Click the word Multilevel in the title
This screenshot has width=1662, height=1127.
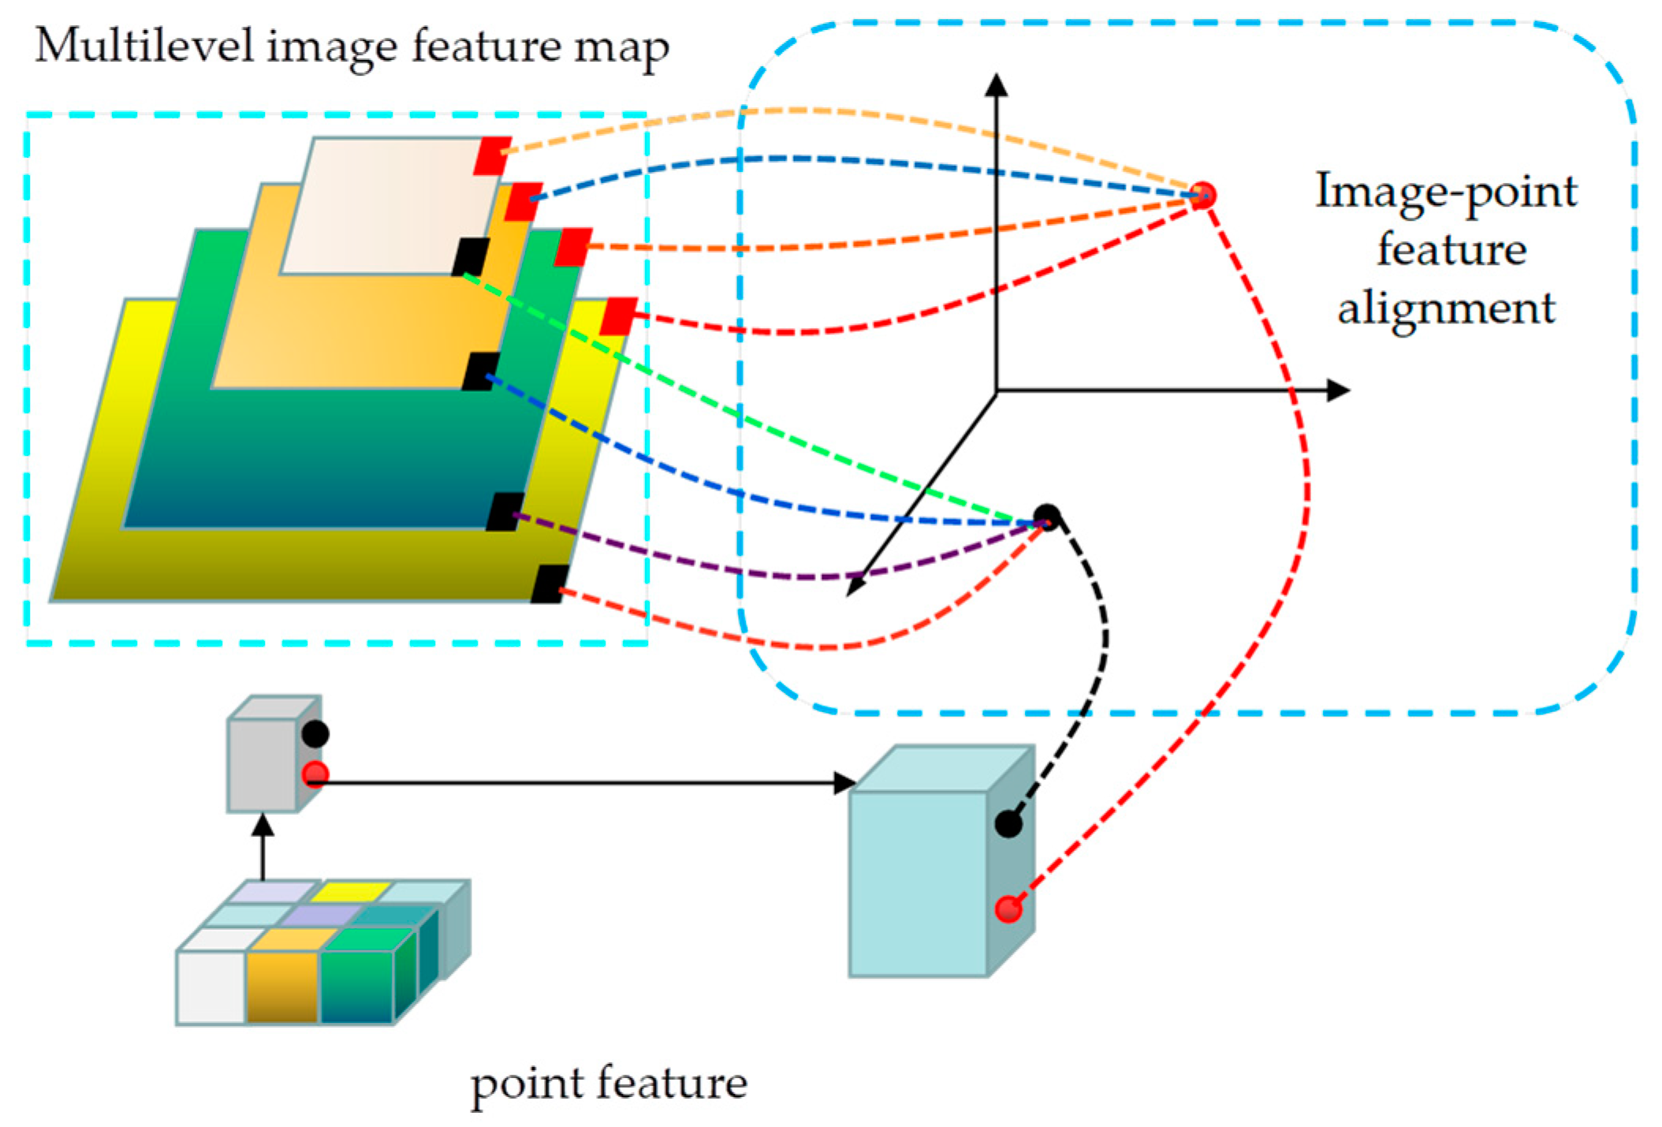click(x=145, y=46)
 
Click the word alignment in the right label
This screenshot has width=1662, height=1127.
click(x=1446, y=308)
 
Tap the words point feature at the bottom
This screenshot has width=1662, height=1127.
click(x=608, y=1084)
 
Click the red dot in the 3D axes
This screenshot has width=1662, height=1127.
click(x=1202, y=195)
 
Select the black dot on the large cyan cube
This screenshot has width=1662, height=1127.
click(x=1008, y=824)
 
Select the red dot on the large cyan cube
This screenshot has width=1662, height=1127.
click(x=1008, y=909)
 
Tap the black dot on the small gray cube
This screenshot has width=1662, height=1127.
click(x=315, y=733)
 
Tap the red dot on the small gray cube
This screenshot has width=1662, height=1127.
click(x=315, y=774)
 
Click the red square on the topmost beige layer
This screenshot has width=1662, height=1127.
click(x=493, y=156)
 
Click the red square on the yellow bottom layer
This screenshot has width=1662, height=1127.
click(x=618, y=316)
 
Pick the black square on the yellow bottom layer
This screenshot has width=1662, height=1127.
click(x=550, y=584)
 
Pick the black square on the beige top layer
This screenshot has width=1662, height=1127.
click(x=471, y=257)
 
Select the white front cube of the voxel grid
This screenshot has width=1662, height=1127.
click(x=211, y=987)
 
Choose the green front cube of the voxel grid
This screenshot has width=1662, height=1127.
click(x=356, y=987)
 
